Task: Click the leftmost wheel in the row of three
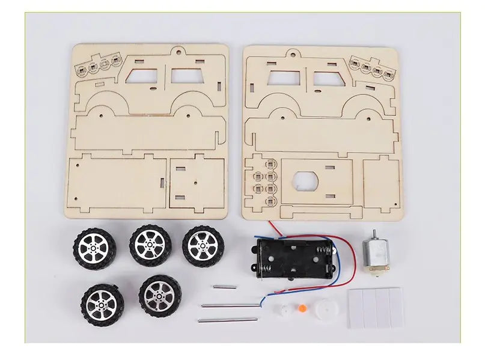pos(94,247)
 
